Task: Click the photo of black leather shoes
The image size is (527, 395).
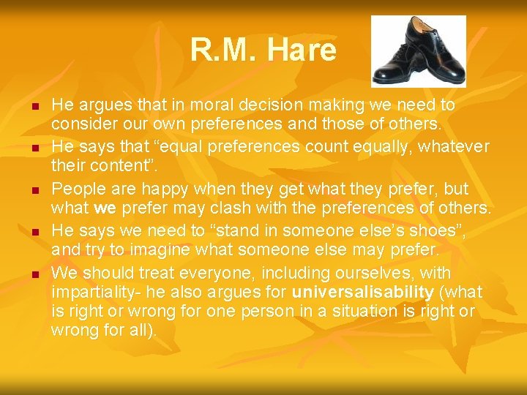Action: coord(418,51)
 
